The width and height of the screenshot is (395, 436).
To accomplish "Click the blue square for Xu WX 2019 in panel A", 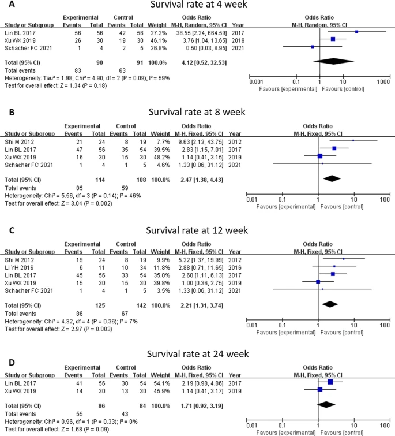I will tap(333, 39).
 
